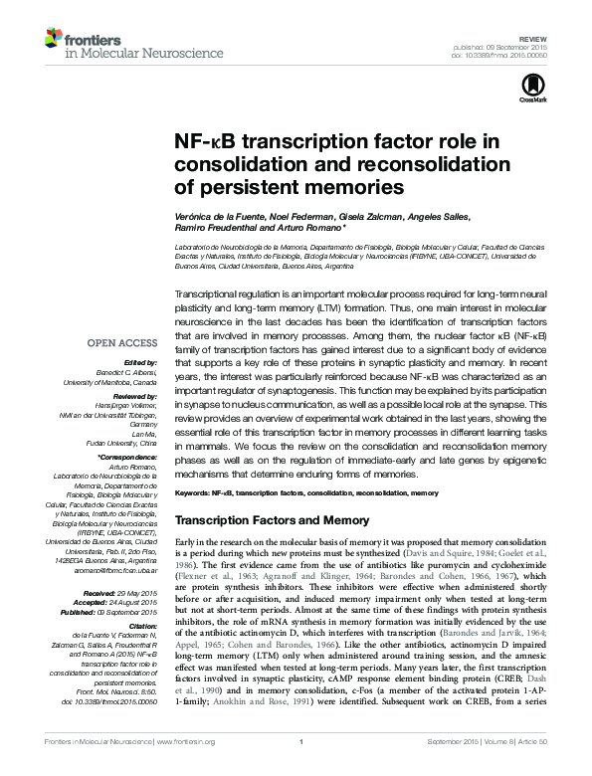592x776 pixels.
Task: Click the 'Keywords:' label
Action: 191,492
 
